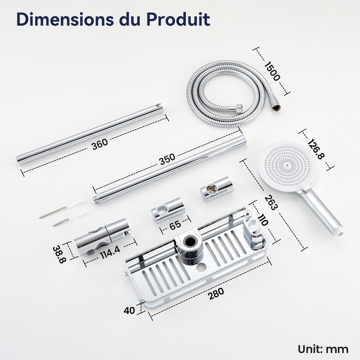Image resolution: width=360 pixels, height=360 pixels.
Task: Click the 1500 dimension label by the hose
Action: (272, 71)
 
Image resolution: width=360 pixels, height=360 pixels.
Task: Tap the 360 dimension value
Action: (99, 144)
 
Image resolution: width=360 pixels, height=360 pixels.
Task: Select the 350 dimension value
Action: (167, 159)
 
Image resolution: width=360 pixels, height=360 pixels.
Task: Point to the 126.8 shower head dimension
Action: (316, 149)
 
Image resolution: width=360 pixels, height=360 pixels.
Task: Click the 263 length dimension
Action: (271, 202)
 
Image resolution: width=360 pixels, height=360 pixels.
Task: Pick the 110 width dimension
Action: (263, 220)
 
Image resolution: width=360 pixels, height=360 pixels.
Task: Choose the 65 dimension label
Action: (175, 225)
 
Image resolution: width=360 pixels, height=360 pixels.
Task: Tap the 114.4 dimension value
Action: (110, 252)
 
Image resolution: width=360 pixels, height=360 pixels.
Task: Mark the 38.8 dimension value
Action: (59, 254)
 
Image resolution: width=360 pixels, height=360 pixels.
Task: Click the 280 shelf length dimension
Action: (216, 294)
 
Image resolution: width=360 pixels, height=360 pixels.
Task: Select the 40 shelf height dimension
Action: (129, 310)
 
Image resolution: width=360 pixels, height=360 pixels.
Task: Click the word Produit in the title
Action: (178, 19)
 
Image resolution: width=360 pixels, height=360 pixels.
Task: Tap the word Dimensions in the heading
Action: (65, 19)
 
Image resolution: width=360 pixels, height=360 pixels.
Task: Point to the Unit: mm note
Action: (323, 349)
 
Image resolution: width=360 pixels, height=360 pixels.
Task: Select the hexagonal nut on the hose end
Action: (239, 108)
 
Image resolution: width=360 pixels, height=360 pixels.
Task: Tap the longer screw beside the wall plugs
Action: (53, 212)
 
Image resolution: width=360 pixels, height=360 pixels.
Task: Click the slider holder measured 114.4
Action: (102, 237)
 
